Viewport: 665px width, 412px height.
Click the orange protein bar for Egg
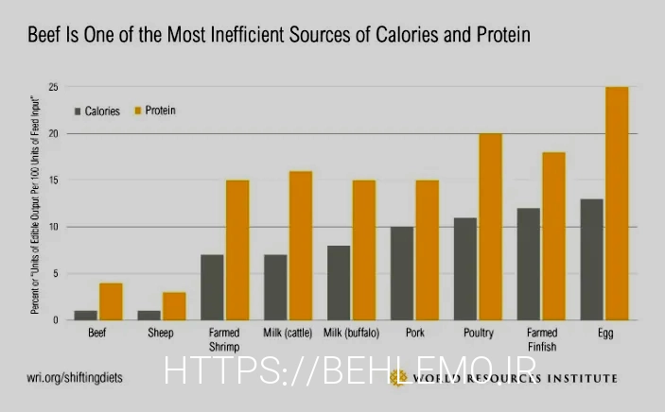tap(617, 203)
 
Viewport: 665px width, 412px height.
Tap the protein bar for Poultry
tap(491, 227)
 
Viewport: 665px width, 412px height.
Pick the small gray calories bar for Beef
tap(86, 316)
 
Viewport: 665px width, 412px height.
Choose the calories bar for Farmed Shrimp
tap(213, 287)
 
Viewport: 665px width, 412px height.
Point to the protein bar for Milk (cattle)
tap(300, 246)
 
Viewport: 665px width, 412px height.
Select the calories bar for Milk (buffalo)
tap(340, 283)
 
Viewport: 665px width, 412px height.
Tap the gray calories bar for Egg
tap(592, 260)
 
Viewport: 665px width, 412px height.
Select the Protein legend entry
tap(159, 111)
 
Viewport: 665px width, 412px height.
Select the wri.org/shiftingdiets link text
tap(74, 377)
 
